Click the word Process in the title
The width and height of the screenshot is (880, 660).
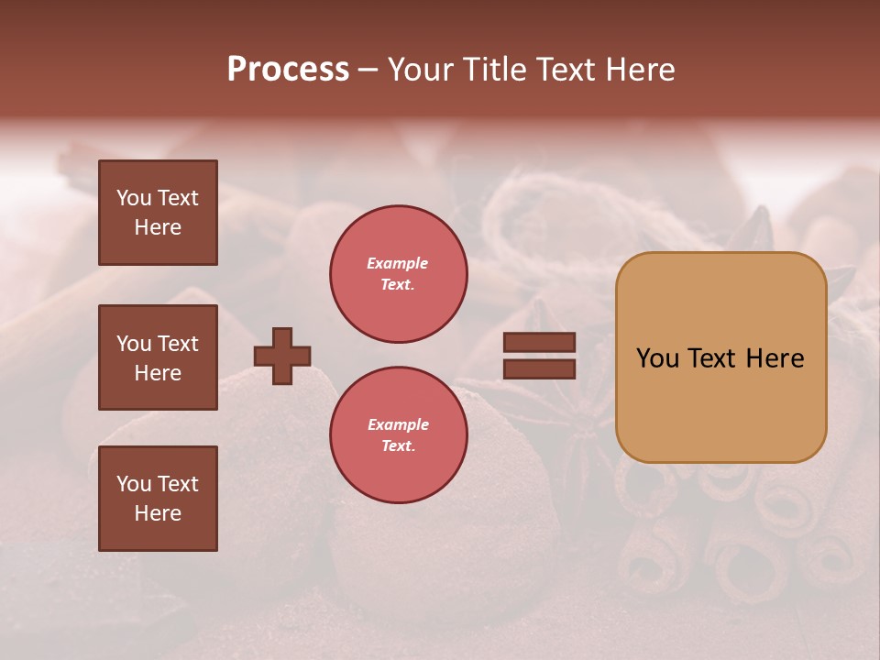tap(288, 70)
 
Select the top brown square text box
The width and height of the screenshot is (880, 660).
tap(158, 213)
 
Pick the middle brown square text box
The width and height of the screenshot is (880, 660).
tap(158, 357)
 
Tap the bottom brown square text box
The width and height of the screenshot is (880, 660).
tap(158, 499)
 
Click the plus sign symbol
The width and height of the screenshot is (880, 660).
tap(282, 356)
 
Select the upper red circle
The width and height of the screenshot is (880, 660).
tap(399, 274)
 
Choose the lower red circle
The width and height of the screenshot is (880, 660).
tap(399, 435)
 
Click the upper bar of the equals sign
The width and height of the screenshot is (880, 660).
tap(540, 343)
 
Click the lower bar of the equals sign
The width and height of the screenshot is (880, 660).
tap(540, 368)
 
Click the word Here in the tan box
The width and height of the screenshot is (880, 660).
tap(775, 358)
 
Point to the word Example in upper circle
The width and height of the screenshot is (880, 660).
tap(398, 263)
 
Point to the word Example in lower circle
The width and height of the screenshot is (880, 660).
tap(398, 424)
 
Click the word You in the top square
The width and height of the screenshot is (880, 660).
tap(134, 198)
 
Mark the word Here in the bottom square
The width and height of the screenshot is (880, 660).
tap(158, 513)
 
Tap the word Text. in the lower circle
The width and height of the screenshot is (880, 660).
tap(398, 446)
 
